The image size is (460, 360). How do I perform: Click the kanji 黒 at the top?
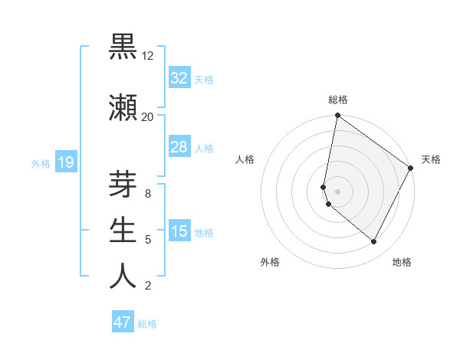click(123, 47)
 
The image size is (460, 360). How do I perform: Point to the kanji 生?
click(123, 231)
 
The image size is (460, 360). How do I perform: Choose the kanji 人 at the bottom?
click(123, 277)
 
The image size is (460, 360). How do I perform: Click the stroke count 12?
click(148, 56)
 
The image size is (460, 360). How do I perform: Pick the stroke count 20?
click(148, 116)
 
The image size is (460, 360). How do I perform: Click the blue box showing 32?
click(179, 78)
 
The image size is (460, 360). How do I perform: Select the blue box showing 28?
click(179, 147)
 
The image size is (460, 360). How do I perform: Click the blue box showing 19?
click(66, 162)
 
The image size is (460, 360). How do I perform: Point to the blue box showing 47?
click(123, 322)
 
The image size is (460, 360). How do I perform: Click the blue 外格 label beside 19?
click(41, 163)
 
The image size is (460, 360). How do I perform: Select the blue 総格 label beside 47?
click(147, 323)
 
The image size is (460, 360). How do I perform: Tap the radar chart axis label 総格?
click(338, 100)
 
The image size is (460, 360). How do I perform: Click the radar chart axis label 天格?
click(431, 159)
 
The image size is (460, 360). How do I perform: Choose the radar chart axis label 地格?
click(402, 262)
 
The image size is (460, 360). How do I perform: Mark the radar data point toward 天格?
click(411, 169)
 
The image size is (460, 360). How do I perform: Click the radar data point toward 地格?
click(374, 242)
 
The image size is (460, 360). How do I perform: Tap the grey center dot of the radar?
click(338, 191)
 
